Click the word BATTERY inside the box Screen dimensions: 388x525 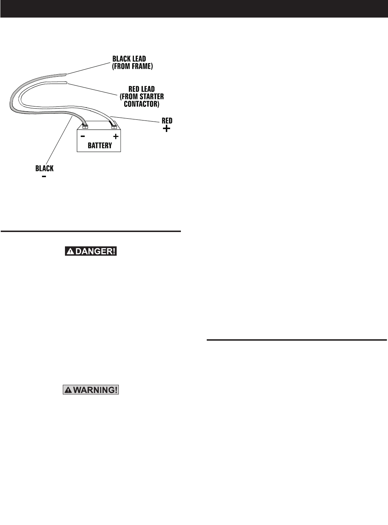click(x=100, y=145)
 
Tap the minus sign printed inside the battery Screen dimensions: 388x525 click(x=83, y=136)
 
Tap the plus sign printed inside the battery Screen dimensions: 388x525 click(x=116, y=136)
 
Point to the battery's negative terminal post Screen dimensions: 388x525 click(x=85, y=127)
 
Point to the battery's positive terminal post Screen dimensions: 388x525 click(x=114, y=126)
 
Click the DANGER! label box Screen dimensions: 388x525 click(x=91, y=251)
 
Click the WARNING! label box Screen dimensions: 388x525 click(x=91, y=390)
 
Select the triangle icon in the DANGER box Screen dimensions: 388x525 click(x=70, y=251)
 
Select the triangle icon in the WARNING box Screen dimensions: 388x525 click(x=68, y=390)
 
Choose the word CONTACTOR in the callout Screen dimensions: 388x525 click(x=141, y=104)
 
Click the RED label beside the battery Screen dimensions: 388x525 click(x=167, y=121)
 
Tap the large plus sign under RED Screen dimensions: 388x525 click(x=167, y=128)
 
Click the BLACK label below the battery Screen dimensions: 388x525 click(x=45, y=168)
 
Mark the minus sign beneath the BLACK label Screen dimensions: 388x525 click(x=44, y=176)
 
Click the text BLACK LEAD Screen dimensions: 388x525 click(x=129, y=59)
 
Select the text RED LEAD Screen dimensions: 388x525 click(x=141, y=89)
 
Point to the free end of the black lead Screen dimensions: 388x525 click(x=65, y=75)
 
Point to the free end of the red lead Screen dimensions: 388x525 click(x=66, y=83)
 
